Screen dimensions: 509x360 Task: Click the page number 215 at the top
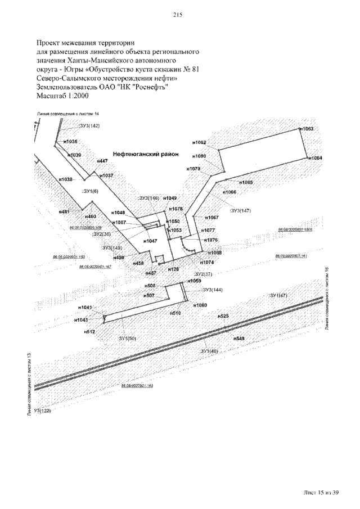click(179, 15)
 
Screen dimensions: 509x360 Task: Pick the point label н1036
click(70, 142)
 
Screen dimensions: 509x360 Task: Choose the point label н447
click(102, 161)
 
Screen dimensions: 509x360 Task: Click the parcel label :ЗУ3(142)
click(89, 125)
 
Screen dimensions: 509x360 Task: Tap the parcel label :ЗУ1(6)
click(90, 192)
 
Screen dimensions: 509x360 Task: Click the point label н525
click(223, 316)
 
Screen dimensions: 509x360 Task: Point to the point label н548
click(238, 339)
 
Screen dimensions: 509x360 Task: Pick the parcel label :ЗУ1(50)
click(127, 338)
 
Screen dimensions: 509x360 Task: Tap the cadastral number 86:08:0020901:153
click(137, 386)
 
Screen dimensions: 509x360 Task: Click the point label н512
click(90, 332)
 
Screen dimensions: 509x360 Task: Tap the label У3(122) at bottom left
click(42, 411)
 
